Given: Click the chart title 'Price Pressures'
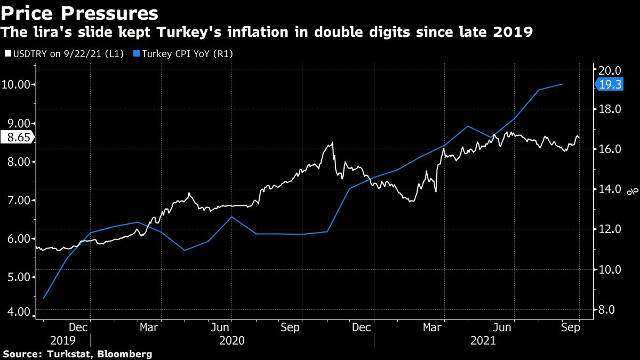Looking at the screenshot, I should click(79, 12).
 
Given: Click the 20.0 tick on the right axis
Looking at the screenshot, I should click(611, 70).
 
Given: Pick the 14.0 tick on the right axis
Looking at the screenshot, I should click(611, 189).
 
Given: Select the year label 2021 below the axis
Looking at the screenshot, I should click(483, 340).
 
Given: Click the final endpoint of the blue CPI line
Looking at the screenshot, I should click(563, 84).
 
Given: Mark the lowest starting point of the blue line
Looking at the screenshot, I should click(44, 298).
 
